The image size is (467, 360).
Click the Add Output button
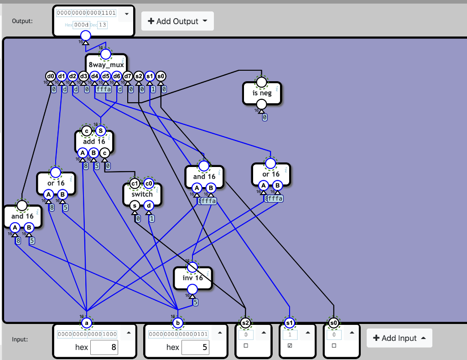(x=177, y=21)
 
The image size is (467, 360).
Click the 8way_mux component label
(x=106, y=65)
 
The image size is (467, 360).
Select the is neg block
(x=262, y=93)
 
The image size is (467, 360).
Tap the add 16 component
(x=94, y=141)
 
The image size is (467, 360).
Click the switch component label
(x=142, y=194)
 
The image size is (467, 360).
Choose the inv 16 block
(x=192, y=278)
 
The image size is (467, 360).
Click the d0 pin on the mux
(x=50, y=76)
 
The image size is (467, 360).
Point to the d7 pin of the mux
(x=128, y=76)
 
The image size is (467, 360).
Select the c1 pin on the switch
(x=135, y=183)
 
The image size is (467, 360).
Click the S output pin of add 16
(x=101, y=131)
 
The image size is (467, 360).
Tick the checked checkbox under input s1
(x=290, y=346)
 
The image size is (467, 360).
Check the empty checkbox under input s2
(x=246, y=346)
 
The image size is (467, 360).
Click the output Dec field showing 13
(x=102, y=24)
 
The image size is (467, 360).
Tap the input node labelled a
(x=86, y=323)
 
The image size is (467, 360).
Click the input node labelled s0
(x=333, y=323)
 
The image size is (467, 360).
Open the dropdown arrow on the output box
(x=127, y=14)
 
